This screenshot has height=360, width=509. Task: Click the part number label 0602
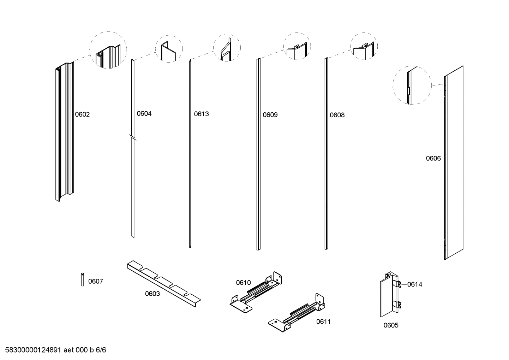82,114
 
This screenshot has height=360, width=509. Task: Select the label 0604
144,114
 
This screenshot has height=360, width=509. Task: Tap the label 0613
201,114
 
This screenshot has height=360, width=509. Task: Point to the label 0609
270,115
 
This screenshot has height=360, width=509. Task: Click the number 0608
337,115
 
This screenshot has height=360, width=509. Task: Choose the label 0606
433,159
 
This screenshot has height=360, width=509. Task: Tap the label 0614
414,284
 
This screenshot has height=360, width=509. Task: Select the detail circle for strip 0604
169,49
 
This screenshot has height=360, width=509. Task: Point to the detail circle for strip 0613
227,48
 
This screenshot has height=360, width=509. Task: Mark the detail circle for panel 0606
412,85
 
